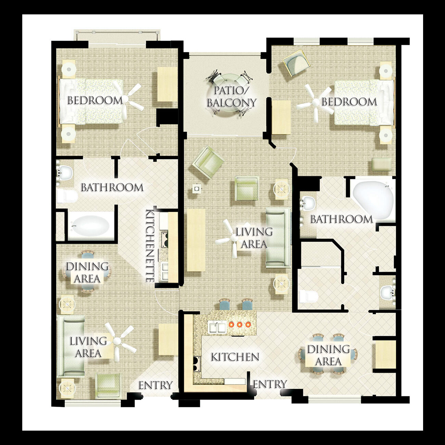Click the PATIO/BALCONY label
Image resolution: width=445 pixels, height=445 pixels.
[x=231, y=97]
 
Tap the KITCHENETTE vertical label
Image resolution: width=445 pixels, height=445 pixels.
[x=150, y=246]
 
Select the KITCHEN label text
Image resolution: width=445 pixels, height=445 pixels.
[x=235, y=357]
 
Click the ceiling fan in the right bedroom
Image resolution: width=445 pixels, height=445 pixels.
[x=316, y=102]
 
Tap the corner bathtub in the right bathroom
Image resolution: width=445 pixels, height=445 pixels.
[x=373, y=200]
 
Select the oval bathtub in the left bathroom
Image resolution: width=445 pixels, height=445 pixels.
[x=91, y=226]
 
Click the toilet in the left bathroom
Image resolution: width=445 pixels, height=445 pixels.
[x=67, y=196]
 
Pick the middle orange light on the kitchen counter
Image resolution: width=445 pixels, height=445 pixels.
[x=239, y=325]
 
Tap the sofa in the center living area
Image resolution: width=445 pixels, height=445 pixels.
[x=278, y=238]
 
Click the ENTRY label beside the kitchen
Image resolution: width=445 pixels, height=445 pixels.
[x=270, y=384]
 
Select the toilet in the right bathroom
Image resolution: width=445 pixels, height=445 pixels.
[x=308, y=296]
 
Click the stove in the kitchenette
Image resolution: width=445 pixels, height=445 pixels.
[x=164, y=240]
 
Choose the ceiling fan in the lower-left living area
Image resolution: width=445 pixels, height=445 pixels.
[x=118, y=341]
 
